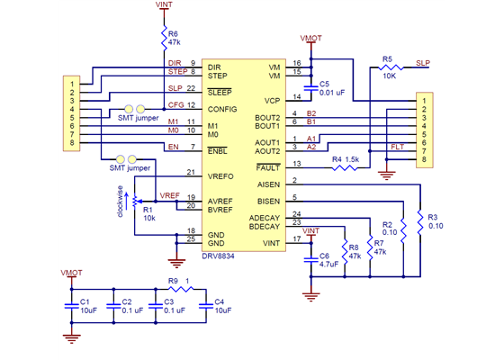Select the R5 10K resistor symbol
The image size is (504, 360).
pos(388,67)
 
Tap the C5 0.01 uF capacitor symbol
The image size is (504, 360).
pos(311,87)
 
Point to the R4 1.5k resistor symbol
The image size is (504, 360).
pos(343,167)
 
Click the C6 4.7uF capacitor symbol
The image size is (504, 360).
pos(311,259)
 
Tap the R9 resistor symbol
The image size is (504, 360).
pos(179,289)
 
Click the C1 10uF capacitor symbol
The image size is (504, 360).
pos(72,306)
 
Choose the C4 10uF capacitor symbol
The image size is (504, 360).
pos(207,306)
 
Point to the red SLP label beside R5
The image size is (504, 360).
pos(423,63)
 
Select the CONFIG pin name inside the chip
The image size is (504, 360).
pos(221,108)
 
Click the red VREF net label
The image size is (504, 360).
pos(169,194)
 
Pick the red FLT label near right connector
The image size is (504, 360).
pos(397,146)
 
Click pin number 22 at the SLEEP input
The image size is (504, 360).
pos(192,88)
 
